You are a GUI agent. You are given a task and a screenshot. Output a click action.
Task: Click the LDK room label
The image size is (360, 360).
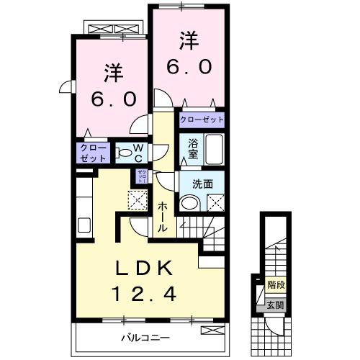[146, 269]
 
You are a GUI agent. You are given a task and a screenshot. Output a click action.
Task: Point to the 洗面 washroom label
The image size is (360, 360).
[202, 184]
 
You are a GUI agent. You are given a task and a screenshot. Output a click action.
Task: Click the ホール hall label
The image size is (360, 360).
[163, 215]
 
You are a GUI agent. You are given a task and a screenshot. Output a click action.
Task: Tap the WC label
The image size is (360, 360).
[140, 153]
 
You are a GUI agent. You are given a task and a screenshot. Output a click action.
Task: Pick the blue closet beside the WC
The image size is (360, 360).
[93, 153]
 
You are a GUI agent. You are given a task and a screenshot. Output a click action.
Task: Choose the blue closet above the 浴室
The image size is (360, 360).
[201, 120]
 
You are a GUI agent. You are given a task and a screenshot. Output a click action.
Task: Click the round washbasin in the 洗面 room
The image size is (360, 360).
[189, 204]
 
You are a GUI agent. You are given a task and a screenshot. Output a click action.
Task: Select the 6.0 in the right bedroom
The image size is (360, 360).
[189, 67]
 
